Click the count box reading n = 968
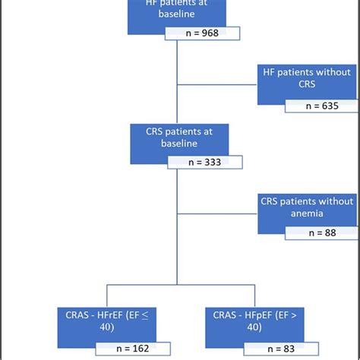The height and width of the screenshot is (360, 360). [x=203, y=33]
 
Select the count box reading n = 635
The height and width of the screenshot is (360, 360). [x=321, y=106]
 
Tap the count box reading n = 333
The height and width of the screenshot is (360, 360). [x=204, y=162]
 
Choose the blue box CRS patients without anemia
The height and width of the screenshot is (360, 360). [x=307, y=210]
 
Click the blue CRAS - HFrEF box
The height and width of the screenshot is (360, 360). [x=106, y=321]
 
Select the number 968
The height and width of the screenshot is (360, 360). [x=210, y=33]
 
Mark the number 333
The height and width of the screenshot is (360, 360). [x=212, y=162]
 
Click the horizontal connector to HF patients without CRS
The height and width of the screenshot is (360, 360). [x=217, y=84]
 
